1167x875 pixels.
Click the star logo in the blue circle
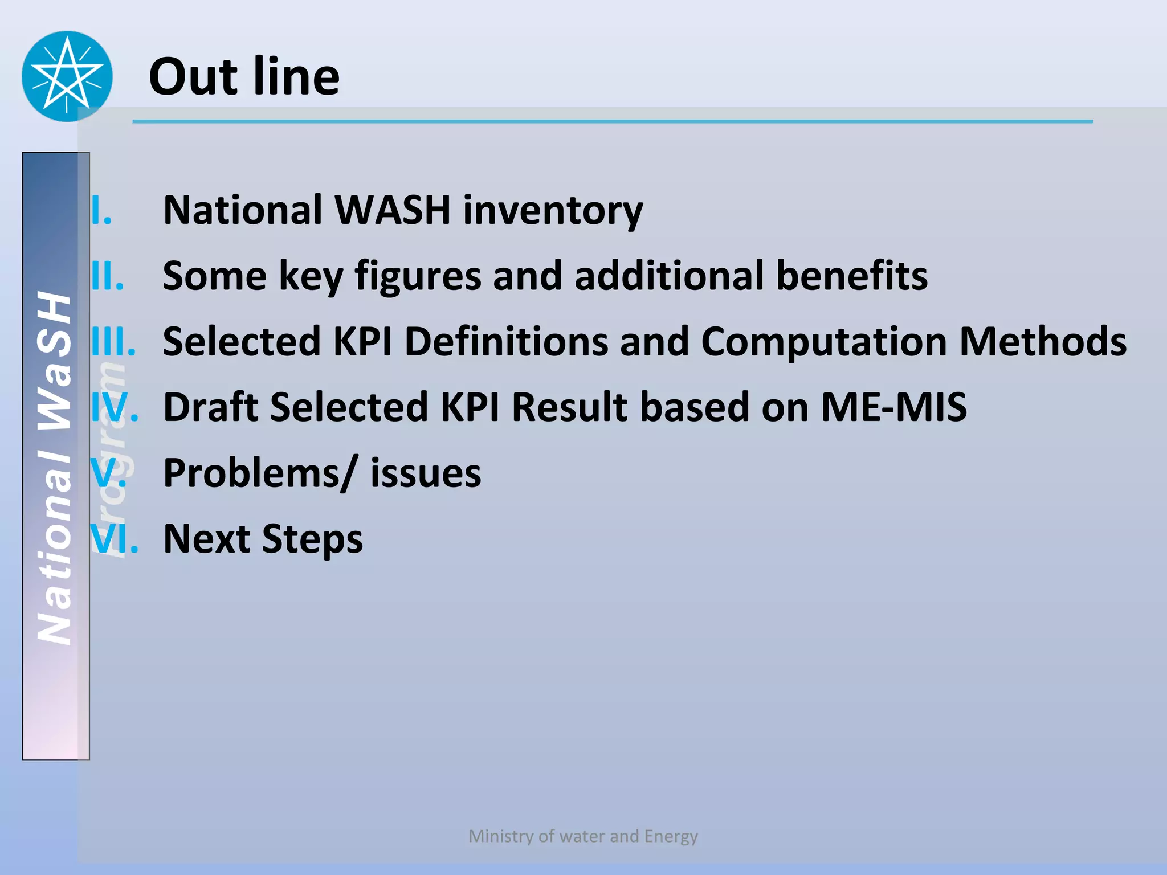(67, 76)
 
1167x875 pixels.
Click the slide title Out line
(244, 76)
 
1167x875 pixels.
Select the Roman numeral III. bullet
(114, 341)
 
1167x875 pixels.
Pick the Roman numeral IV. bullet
(115, 407)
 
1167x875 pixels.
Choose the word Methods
(1042, 341)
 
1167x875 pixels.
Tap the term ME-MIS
(893, 407)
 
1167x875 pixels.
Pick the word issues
(425, 473)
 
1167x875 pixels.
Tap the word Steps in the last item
(312, 539)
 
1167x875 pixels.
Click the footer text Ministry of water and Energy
(583, 836)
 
